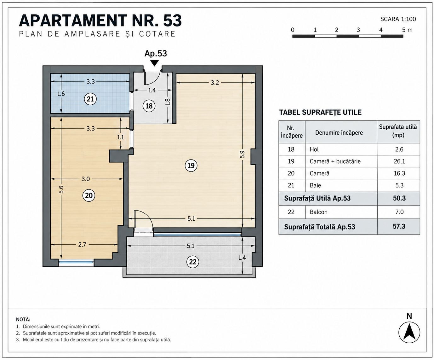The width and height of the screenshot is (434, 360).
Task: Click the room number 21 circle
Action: (90, 99)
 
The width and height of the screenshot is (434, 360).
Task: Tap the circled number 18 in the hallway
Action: (149, 106)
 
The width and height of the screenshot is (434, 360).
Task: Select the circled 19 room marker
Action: (191, 165)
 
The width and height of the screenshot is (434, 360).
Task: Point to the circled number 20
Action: (89, 196)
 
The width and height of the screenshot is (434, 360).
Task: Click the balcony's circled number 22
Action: (193, 262)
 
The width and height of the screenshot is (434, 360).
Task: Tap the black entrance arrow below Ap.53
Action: (154, 63)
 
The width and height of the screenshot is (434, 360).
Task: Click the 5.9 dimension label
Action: (243, 154)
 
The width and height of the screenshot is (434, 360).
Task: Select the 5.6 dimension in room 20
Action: (61, 189)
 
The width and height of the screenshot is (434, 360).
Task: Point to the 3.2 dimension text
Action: (215, 83)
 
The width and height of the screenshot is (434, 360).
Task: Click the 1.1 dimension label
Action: (121, 137)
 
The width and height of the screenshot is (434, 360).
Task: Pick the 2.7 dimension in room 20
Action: (82, 245)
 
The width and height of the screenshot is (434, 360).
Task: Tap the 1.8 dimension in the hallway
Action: (168, 102)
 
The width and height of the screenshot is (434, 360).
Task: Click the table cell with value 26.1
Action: (399, 161)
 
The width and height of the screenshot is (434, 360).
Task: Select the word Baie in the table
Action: (315, 185)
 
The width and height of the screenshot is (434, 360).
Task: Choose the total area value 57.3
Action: (399, 226)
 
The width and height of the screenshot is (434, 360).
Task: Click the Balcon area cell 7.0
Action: (399, 212)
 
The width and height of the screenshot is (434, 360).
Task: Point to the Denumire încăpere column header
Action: (339, 132)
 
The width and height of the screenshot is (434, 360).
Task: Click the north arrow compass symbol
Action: (409, 333)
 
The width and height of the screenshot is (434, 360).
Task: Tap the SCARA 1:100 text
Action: (398, 19)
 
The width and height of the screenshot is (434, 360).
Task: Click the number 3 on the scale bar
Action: (358, 30)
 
